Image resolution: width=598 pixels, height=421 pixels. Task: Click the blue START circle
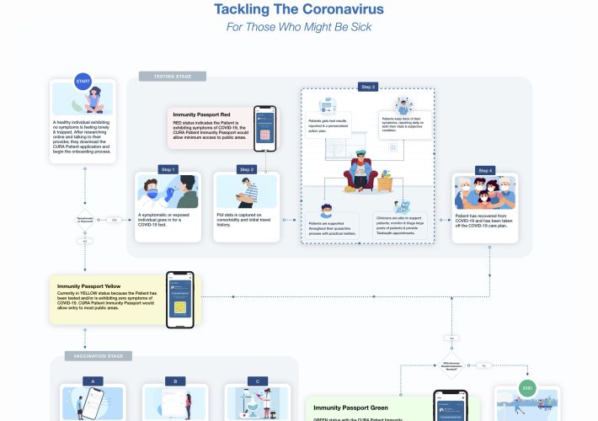pos(83,82)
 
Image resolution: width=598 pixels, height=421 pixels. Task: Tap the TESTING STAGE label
pos(173,77)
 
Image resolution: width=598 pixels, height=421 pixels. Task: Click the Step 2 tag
pos(246,169)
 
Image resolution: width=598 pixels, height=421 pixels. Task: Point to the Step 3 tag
pos(367,87)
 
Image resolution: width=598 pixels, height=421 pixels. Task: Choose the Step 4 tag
pos(485,170)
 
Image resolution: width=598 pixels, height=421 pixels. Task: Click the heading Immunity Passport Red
pos(201,114)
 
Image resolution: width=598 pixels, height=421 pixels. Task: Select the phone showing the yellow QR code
pos(179,300)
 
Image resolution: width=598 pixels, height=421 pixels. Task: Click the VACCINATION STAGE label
pos(98,356)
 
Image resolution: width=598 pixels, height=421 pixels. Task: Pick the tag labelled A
pos(93,381)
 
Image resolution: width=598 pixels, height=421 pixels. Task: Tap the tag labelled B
pos(175,381)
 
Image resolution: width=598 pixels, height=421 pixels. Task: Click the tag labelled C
pos(257,381)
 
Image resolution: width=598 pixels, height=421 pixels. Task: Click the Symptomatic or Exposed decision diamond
pos(84,220)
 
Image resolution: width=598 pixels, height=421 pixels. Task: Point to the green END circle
pos(527,388)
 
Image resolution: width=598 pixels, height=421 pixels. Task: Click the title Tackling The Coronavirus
pos(299,10)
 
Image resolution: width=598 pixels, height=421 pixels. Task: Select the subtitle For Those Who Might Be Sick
pos(299,27)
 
